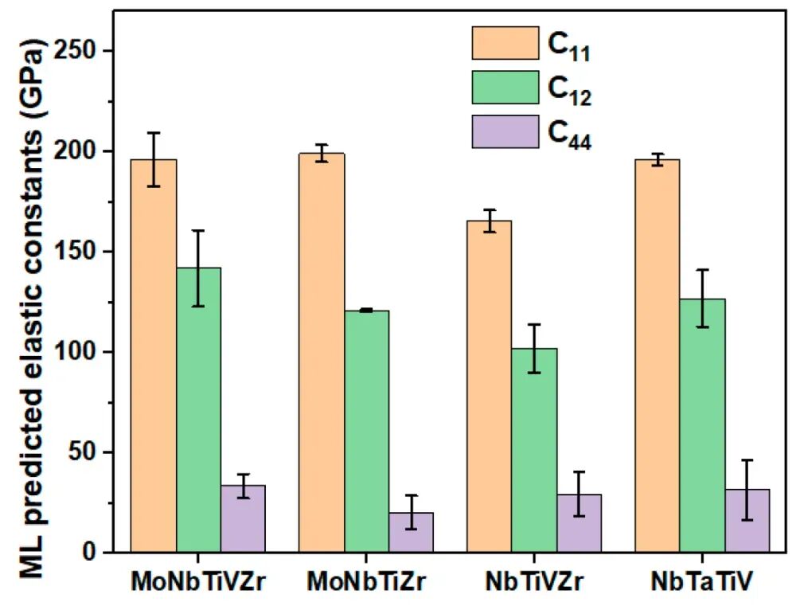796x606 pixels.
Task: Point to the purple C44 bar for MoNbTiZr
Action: coord(411,532)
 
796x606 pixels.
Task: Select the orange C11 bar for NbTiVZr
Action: coord(490,386)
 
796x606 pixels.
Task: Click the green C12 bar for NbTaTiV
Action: coord(702,425)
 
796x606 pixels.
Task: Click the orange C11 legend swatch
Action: coord(505,42)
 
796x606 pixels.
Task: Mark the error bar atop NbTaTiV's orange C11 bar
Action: coord(657,159)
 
